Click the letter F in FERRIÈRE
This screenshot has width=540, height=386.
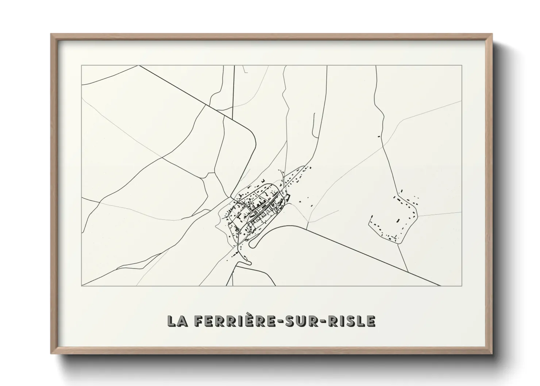click(199, 321)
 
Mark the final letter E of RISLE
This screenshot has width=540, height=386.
click(371, 321)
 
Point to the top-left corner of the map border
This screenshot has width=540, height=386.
click(82, 66)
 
